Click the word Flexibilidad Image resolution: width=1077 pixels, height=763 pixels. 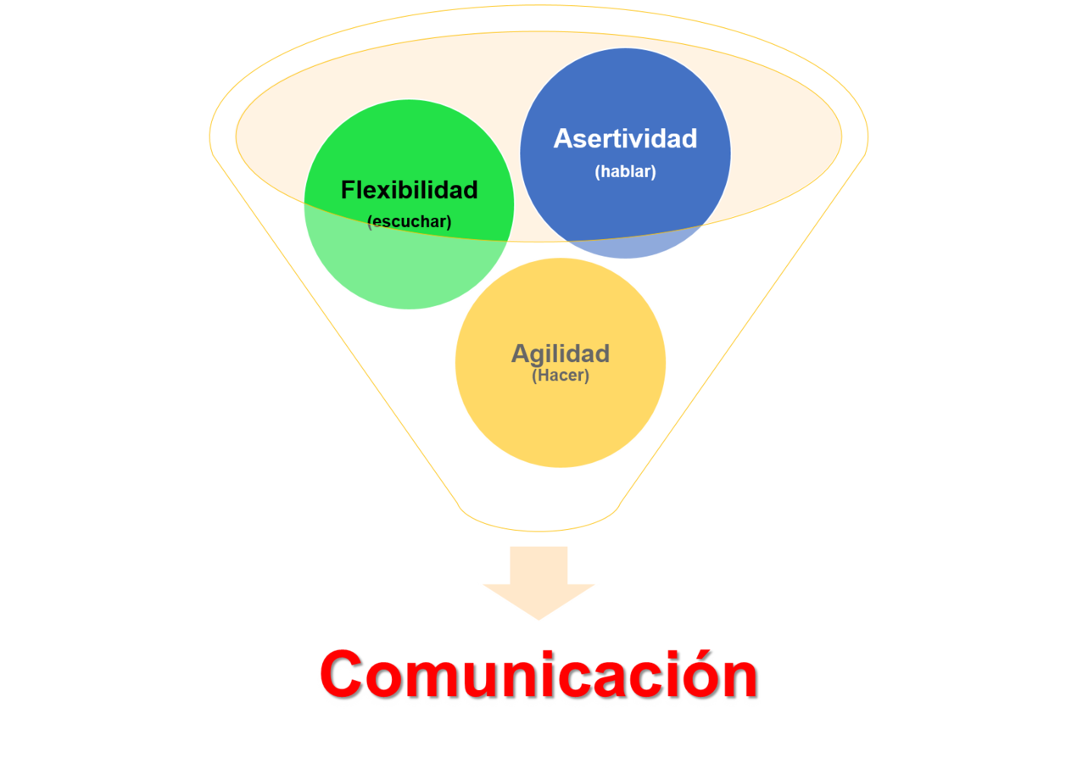[409, 190]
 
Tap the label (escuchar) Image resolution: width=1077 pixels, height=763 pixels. [409, 222]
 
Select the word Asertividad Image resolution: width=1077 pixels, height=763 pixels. [625, 138]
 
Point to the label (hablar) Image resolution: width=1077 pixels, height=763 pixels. [625, 171]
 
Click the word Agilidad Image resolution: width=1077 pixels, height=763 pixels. [560, 354]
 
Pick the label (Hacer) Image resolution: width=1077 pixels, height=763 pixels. [560, 375]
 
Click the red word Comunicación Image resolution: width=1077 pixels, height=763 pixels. [538, 674]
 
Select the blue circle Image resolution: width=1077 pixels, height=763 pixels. [625, 93]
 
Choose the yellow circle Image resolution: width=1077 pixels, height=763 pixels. [560, 424]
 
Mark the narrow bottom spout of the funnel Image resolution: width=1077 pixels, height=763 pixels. [538, 517]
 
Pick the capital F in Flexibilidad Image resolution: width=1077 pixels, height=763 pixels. [348, 190]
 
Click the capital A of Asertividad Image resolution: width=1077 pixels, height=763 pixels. [562, 138]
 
